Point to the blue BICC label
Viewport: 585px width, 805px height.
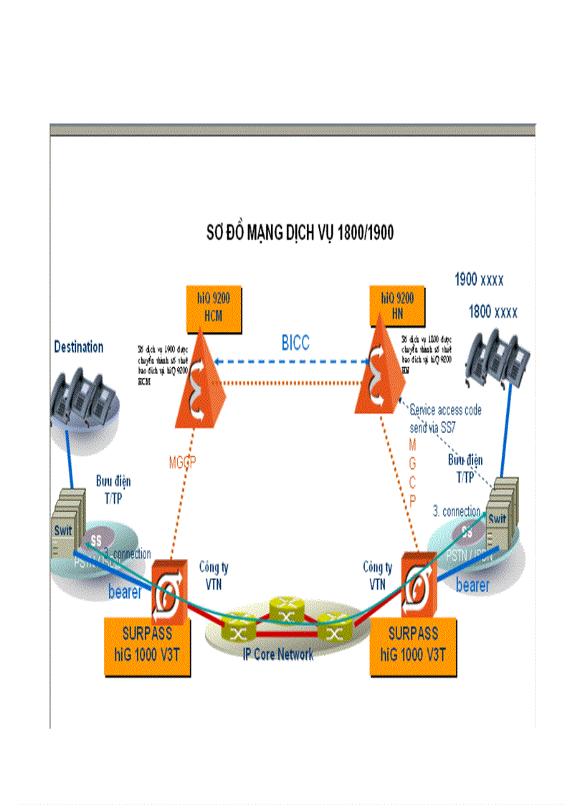pyautogui.click(x=295, y=343)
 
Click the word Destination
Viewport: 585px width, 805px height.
pyautogui.click(x=79, y=347)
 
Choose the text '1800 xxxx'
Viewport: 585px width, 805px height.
pyautogui.click(x=493, y=313)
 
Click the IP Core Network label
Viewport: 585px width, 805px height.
pyautogui.click(x=278, y=654)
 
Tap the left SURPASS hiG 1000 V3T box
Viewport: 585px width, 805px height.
pyautogui.click(x=148, y=648)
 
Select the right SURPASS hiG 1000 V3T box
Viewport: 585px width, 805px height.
pyautogui.click(x=413, y=648)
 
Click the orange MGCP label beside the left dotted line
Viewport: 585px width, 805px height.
pyautogui.click(x=182, y=462)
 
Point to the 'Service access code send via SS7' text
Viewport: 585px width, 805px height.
pyautogui.click(x=445, y=416)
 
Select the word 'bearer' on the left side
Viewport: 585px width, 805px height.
pyautogui.click(x=125, y=592)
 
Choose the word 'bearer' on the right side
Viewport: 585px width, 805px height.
pyautogui.click(x=472, y=586)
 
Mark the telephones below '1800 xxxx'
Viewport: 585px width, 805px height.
pyautogui.click(x=498, y=356)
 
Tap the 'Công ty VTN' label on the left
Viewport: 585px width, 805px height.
pyautogui.click(x=214, y=576)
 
